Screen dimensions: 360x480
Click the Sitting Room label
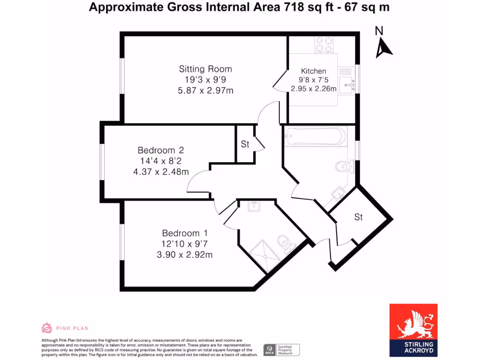click(x=205, y=69)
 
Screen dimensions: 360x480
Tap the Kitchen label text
click(x=314, y=71)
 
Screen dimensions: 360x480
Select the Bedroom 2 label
click(x=161, y=150)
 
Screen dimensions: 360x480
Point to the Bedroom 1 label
click(x=185, y=233)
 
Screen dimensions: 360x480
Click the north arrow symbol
click(x=383, y=47)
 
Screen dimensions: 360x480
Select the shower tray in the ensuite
click(x=268, y=255)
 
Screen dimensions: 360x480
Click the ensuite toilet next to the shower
click(x=285, y=243)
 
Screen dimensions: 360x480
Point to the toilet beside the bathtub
click(x=345, y=165)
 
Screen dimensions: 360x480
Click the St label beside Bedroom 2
click(x=245, y=144)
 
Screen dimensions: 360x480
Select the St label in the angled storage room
click(x=359, y=217)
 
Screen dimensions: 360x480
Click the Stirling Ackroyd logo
click(x=413, y=330)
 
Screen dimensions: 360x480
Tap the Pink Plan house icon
click(x=46, y=328)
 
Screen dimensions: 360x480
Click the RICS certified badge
click(x=281, y=350)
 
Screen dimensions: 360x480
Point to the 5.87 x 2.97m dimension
click(x=205, y=90)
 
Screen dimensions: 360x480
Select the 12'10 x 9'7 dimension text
click(x=185, y=244)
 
